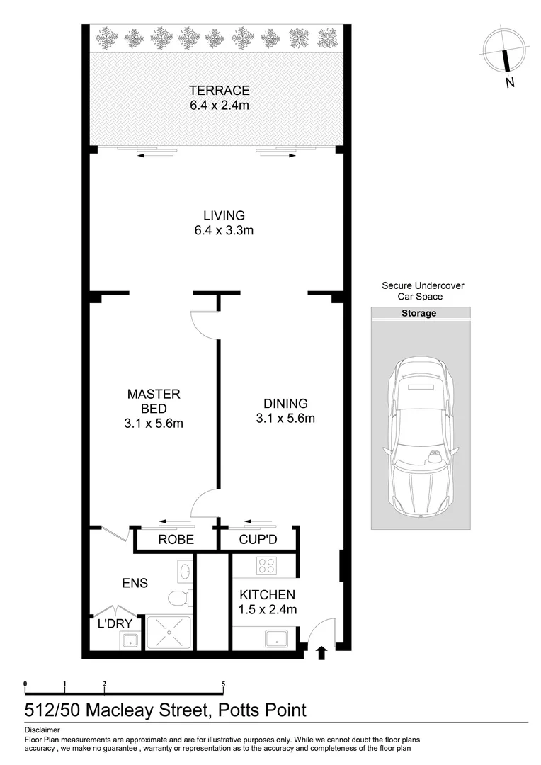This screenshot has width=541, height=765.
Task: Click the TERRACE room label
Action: [x=219, y=90]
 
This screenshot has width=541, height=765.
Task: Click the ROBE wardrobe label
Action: [x=175, y=540]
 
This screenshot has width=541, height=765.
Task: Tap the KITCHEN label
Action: [x=267, y=595]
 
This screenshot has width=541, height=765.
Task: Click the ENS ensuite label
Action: [x=135, y=583]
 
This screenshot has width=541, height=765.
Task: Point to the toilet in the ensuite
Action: [x=181, y=599]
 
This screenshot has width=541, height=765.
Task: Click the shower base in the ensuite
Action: [x=169, y=633]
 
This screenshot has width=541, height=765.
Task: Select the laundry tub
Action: [x=128, y=641]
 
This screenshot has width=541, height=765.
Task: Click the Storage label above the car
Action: [x=419, y=313]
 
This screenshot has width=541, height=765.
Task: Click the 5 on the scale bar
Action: [x=223, y=684]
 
